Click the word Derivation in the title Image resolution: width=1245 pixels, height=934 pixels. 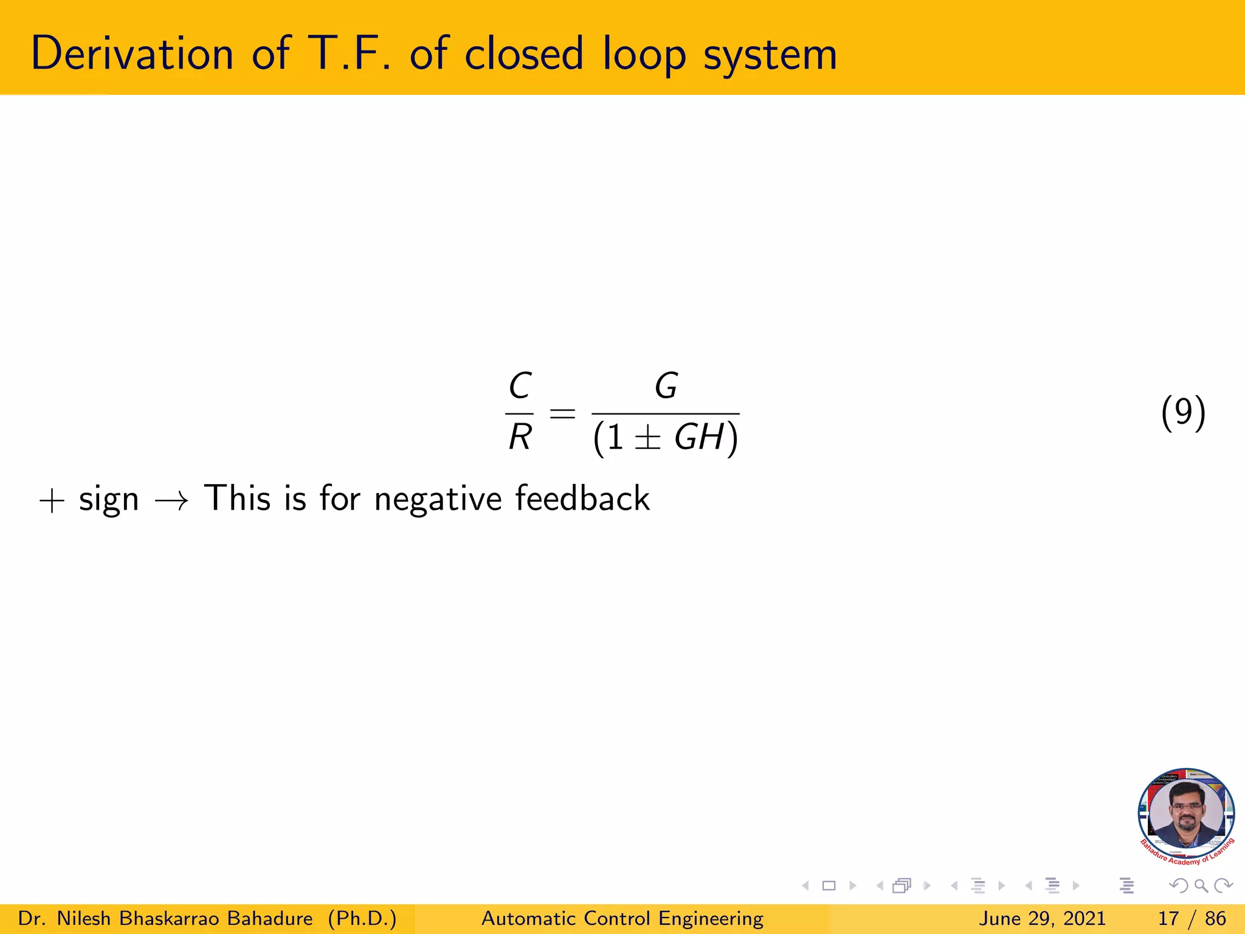(x=132, y=54)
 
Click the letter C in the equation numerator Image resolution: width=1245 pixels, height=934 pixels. (x=520, y=386)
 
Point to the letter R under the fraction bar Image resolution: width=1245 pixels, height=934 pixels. (x=520, y=437)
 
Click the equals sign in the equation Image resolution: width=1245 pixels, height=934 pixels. (x=562, y=414)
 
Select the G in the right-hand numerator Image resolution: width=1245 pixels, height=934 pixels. (x=666, y=386)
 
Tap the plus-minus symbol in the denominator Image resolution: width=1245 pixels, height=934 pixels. (x=647, y=438)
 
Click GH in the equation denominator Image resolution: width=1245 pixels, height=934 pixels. (x=699, y=437)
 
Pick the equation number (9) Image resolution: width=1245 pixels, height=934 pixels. (x=1183, y=413)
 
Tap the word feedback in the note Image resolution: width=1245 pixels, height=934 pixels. (x=582, y=499)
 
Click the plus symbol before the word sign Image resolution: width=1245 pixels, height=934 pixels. (x=52, y=502)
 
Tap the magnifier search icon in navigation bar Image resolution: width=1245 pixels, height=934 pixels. (x=1201, y=886)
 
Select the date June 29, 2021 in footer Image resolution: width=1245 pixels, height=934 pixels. (x=1042, y=919)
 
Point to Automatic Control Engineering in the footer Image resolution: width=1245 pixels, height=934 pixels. (x=622, y=919)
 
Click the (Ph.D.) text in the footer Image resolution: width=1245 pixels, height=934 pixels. (x=362, y=919)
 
